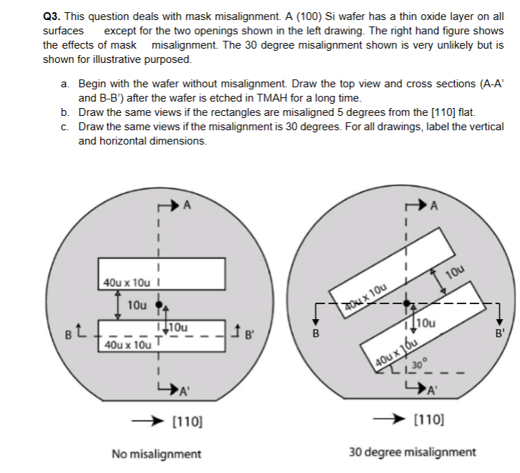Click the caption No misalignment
click(157, 453)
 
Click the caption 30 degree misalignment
click(412, 453)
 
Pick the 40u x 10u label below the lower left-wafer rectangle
click(127, 345)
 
